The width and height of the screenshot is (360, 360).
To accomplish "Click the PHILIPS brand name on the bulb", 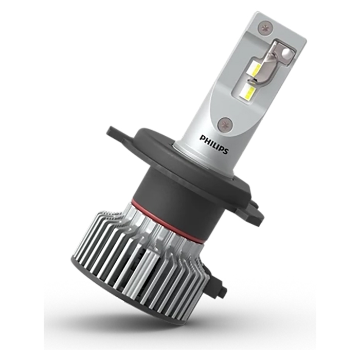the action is coord(214,144).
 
